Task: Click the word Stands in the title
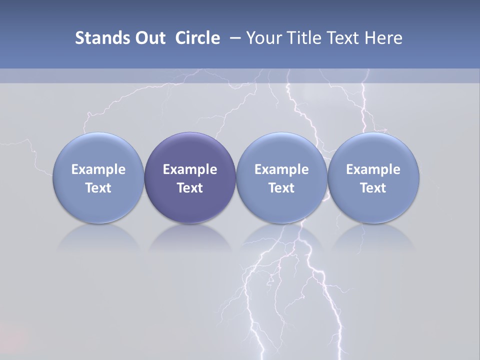96,38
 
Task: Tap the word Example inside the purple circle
190,169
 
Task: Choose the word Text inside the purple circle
190,188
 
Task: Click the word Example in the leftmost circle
98,169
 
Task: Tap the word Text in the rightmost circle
373,188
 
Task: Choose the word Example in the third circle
281,169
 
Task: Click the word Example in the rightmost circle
373,169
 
